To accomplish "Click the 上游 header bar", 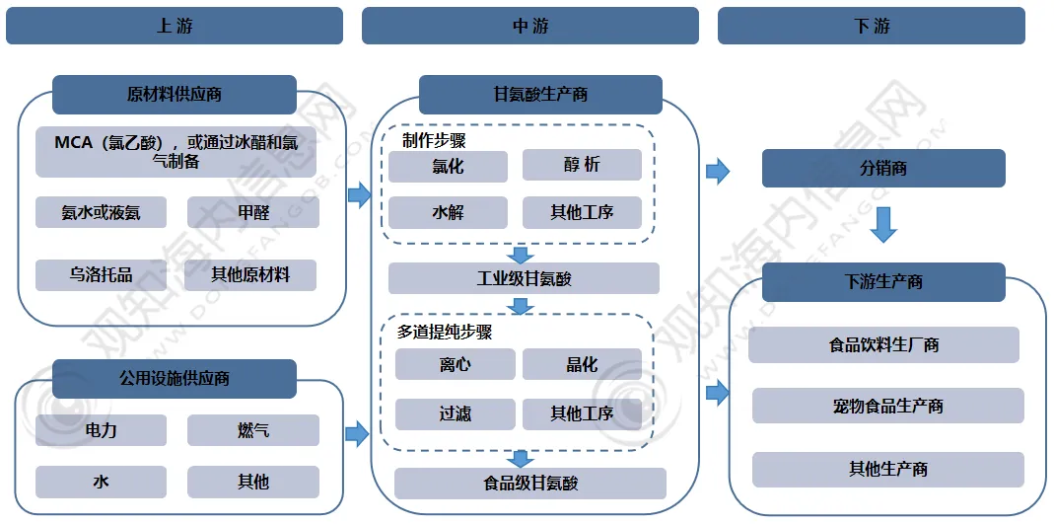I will [175, 26].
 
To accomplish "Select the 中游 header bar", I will [529, 26].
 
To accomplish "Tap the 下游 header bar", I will [871, 26].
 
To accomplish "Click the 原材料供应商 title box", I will [175, 95].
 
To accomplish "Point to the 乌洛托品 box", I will [101, 275].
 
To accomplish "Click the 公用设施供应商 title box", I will [175, 379].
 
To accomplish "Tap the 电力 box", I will [101, 430].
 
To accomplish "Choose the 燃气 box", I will [253, 430].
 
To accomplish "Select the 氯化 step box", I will [448, 166].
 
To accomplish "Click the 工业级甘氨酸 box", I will [524, 278].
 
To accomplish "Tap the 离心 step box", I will [455, 365].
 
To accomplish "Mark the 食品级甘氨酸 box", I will [530, 484].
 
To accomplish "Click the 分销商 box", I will [883, 169].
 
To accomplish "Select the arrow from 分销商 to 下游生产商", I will [883, 224].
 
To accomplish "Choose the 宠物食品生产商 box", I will [887, 406].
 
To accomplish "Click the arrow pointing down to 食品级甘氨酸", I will [522, 458].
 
